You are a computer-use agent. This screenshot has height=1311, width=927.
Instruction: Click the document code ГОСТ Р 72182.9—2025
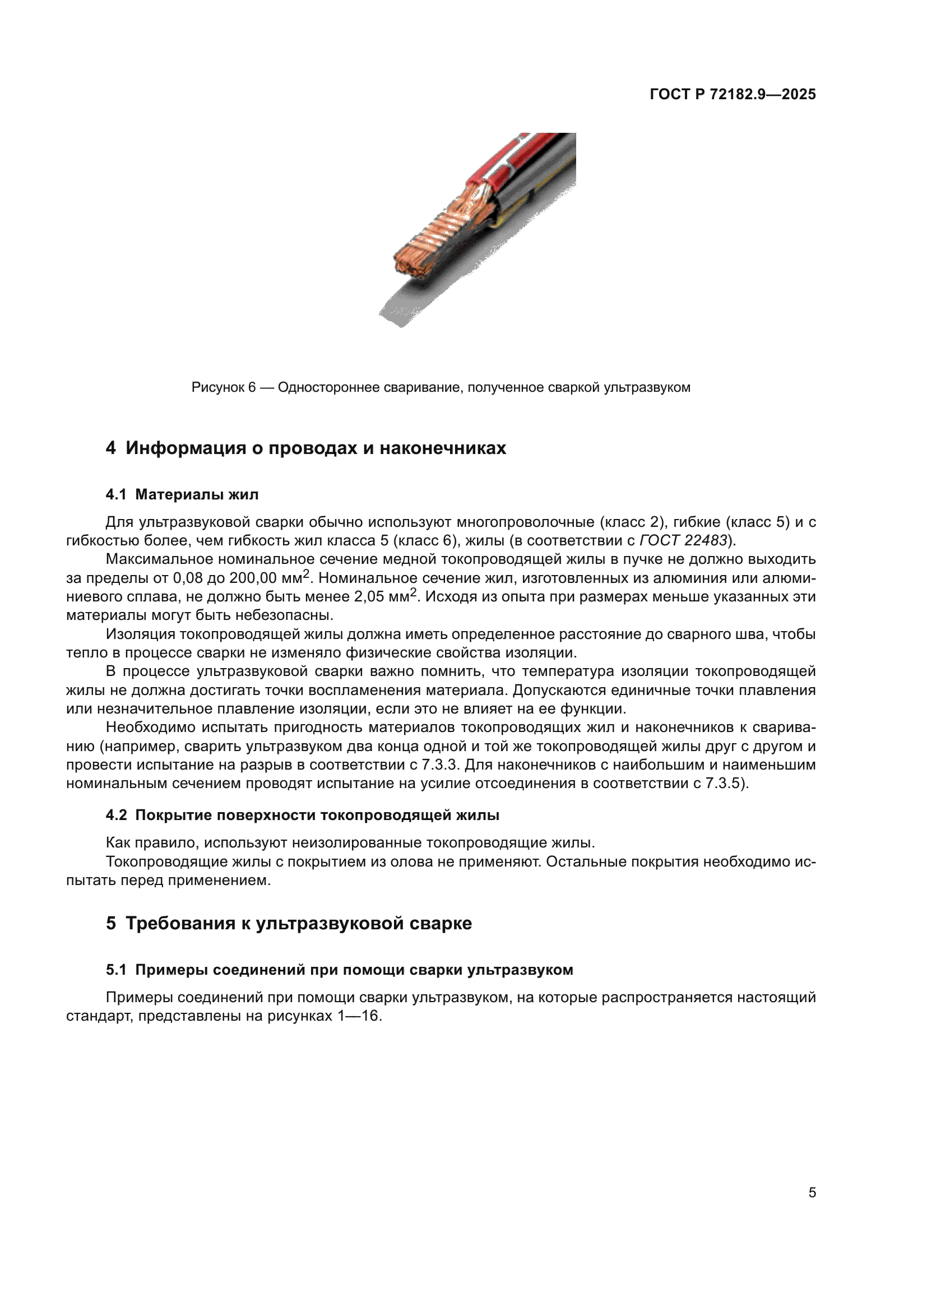point(733,94)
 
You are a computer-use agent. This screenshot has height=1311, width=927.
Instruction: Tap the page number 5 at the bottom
point(812,1192)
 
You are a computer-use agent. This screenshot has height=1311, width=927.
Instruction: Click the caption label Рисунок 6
point(223,388)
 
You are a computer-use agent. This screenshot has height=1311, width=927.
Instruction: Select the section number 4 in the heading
point(111,448)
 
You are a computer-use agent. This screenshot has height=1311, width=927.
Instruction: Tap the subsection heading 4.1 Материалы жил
point(182,494)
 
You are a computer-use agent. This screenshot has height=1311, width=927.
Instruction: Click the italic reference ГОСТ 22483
point(683,540)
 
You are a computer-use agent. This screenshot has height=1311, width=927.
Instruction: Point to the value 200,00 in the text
point(253,578)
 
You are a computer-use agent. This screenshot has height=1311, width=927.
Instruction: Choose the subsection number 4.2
point(116,816)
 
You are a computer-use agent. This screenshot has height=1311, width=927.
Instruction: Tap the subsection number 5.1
point(116,970)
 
